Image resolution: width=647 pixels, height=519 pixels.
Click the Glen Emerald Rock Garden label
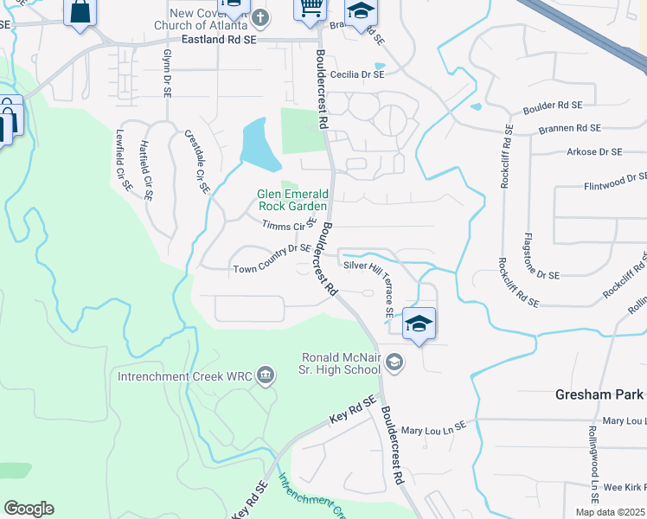click(292, 200)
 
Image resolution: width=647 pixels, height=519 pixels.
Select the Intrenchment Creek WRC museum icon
click(266, 375)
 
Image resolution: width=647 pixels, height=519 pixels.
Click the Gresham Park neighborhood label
click(599, 394)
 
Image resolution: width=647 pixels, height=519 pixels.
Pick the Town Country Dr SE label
click(272, 270)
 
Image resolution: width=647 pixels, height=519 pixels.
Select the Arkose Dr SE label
click(593, 152)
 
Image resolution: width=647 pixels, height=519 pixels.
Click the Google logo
click(29, 509)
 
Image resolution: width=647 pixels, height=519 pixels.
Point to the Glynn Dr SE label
click(166, 73)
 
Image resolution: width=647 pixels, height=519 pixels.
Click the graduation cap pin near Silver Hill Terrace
click(419, 324)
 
